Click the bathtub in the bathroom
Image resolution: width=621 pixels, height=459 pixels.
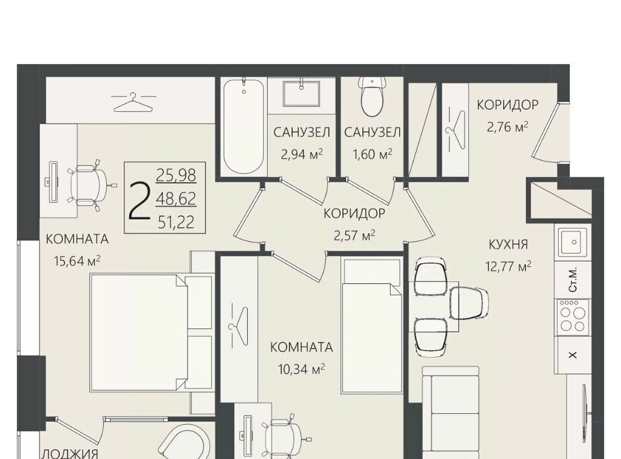[243, 127]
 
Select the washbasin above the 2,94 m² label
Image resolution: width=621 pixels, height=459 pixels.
[301, 94]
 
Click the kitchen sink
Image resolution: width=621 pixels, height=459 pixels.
[572, 242]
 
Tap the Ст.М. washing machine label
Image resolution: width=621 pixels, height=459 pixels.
[573, 280]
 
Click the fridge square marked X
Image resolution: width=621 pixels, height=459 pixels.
[572, 355]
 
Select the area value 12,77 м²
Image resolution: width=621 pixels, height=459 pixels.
[508, 266]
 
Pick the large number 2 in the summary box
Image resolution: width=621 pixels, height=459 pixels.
[140, 200]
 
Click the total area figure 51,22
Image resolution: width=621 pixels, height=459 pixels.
[176, 222]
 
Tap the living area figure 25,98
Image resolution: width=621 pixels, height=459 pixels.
[176, 175]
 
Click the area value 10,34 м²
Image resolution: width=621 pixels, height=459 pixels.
[301, 369]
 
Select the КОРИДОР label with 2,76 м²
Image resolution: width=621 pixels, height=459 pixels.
[507, 105]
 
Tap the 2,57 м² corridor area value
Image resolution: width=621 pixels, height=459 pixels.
[354, 236]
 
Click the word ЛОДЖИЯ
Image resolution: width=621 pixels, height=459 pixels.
[70, 453]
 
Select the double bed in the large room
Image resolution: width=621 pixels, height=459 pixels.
[138, 333]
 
